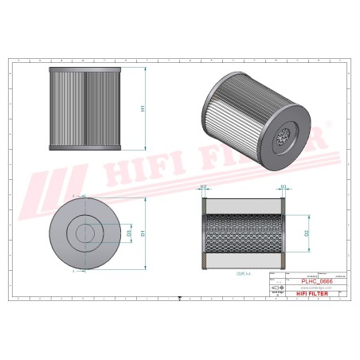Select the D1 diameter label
143,233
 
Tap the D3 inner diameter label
129,233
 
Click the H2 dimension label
203,186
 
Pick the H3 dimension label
283,186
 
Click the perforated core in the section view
243,233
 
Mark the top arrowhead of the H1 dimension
147,68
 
